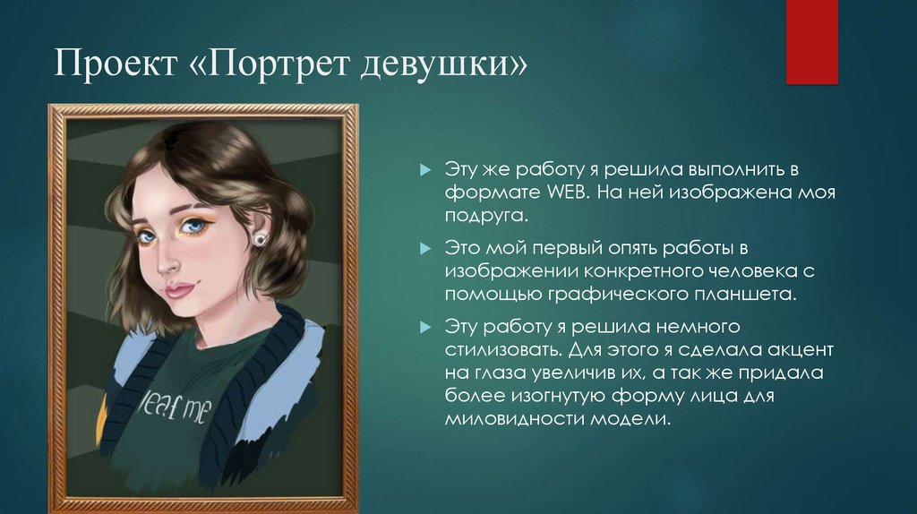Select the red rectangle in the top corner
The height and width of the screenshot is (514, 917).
[x=811, y=42]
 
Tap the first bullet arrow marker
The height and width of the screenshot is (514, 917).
[x=425, y=169]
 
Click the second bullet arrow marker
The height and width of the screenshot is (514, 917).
[x=425, y=246]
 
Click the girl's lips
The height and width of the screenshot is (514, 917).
[x=180, y=290]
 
